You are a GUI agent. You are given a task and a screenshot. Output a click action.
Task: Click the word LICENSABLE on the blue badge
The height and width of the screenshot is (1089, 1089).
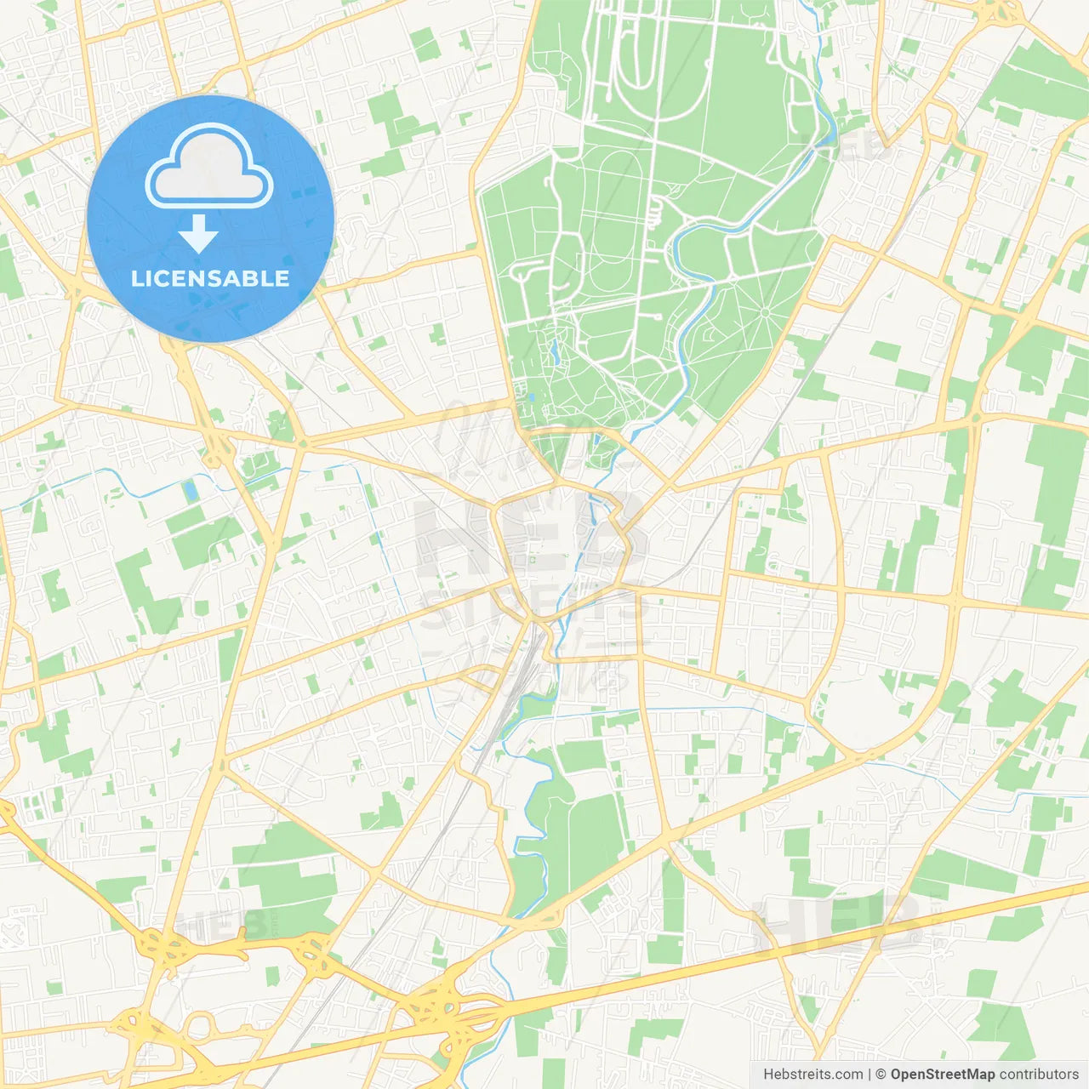pos(210,278)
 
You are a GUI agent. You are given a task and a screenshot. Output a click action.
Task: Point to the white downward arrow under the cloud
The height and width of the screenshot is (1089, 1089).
pos(198,234)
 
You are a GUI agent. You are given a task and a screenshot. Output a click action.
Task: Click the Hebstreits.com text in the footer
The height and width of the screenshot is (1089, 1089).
pos(812,1075)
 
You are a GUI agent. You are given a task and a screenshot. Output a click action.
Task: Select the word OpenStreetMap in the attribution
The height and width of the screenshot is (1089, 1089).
pos(943,1075)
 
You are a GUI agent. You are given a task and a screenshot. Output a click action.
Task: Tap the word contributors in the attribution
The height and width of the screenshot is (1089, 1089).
pos(1039,1075)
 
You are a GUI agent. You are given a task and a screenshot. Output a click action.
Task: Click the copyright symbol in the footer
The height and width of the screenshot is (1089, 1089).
pos(881,1075)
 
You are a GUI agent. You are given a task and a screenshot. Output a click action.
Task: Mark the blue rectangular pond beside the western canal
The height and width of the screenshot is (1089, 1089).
pos(190,491)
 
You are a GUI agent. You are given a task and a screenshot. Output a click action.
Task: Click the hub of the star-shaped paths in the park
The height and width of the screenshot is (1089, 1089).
pos(765,313)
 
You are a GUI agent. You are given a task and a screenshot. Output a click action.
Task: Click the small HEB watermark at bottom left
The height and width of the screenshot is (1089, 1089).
pos(223,923)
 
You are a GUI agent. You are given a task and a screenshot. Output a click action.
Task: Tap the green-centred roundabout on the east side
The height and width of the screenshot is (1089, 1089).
pos(974,418)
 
